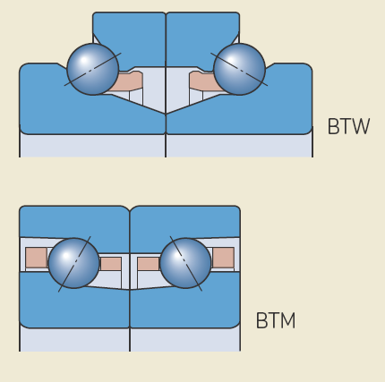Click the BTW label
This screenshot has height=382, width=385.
[348, 126]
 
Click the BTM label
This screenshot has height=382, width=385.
[276, 320]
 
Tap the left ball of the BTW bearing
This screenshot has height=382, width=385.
[93, 69]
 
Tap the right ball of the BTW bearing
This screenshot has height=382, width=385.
[239, 69]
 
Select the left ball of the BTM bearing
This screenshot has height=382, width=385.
[73, 263]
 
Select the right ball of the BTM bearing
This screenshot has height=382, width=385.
[185, 263]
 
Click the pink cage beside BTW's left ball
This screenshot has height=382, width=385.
[127, 81]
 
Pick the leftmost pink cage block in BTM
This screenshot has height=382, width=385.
[37, 258]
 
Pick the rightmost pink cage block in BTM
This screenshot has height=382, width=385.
[223, 258]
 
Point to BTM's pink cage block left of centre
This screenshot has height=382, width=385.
[110, 264]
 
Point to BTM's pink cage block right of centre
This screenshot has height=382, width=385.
[149, 264]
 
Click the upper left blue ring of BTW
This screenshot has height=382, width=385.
[129, 38]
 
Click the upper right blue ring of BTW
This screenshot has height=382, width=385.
[202, 38]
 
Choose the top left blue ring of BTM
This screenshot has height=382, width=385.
[74, 222]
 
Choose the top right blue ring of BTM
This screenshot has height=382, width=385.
[185, 222]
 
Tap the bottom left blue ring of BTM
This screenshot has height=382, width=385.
[74, 307]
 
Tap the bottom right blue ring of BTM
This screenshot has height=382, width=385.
[185, 307]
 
